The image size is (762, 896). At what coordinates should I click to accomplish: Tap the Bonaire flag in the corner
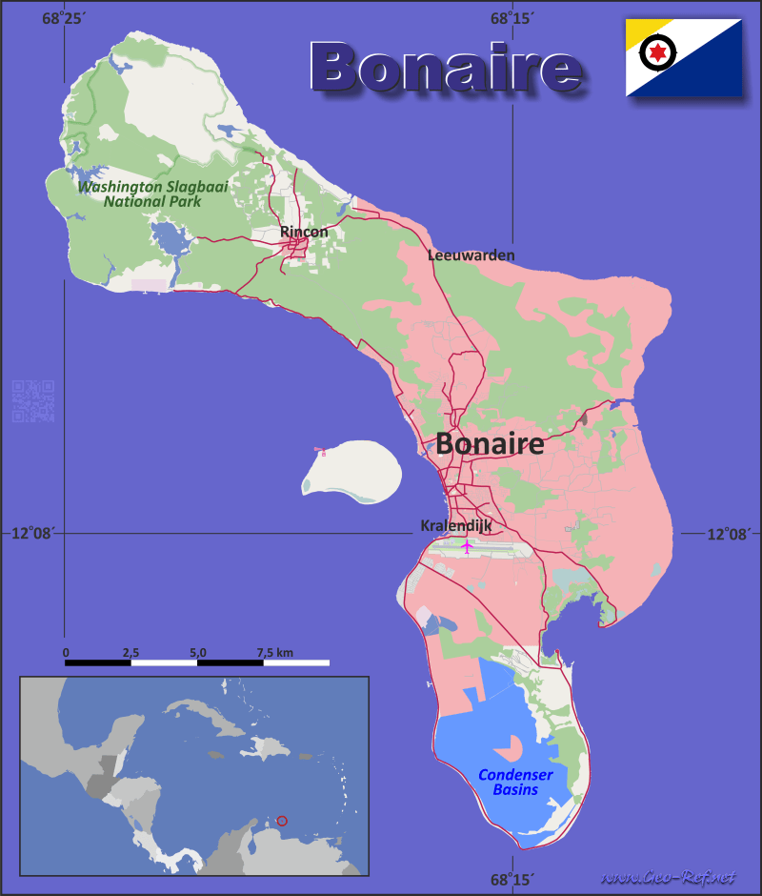pyautogui.click(x=684, y=57)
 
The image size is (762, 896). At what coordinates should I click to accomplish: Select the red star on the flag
pyautogui.click(x=657, y=51)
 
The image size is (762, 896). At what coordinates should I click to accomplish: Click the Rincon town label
pyautogui.click(x=304, y=232)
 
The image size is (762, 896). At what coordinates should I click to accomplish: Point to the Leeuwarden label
pyautogui.click(x=471, y=255)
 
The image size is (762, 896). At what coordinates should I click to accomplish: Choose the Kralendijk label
pyautogui.click(x=455, y=525)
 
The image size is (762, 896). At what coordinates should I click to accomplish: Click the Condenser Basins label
pyautogui.click(x=514, y=782)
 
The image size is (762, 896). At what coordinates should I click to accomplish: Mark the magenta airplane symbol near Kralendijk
pyautogui.click(x=467, y=546)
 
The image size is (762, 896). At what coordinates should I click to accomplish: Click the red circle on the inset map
pyautogui.click(x=282, y=821)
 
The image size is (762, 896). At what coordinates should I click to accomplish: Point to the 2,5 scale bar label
pyautogui.click(x=131, y=652)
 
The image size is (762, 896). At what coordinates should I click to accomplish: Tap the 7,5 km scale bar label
pyautogui.click(x=273, y=652)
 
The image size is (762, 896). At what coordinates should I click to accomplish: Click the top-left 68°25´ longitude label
pyautogui.click(x=63, y=18)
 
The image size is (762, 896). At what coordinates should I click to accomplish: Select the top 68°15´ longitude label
pyautogui.click(x=512, y=18)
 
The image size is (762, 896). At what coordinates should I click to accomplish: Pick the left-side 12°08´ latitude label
pyautogui.click(x=32, y=534)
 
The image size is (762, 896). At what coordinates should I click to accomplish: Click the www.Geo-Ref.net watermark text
pyautogui.click(x=671, y=876)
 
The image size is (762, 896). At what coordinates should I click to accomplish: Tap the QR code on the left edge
pyautogui.click(x=32, y=401)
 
